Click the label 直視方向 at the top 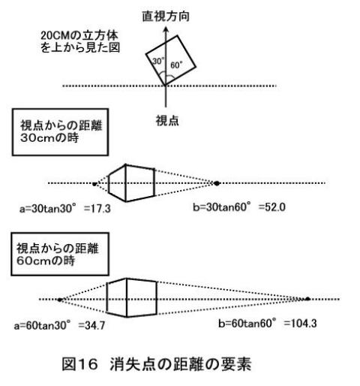[166, 17]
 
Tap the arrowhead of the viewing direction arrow [166, 30]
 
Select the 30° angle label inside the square [158, 61]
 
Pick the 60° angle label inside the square [176, 65]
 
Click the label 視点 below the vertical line [167, 120]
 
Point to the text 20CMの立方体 [79, 35]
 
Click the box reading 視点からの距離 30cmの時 [60, 132]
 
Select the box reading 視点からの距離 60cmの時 [60, 254]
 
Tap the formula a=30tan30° [47, 208]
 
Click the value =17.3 [97, 209]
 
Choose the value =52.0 [272, 207]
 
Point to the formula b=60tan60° [247, 323]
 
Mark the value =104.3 [300, 324]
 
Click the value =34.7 [91, 325]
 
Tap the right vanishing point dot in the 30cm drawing [217, 183]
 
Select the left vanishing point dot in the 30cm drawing [94, 184]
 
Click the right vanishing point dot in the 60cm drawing [307, 299]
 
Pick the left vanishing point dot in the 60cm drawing [60, 300]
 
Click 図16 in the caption [79, 364]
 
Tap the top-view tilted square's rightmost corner [196, 67]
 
